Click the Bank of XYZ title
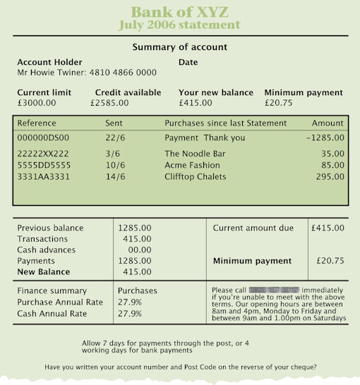click(179, 12)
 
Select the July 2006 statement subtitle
click(179, 25)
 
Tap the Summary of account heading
click(180, 47)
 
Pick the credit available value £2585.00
click(110, 103)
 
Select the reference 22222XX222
click(42, 153)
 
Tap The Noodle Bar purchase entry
click(191, 153)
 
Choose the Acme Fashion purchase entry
click(192, 165)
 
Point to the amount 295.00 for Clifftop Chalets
click(330, 177)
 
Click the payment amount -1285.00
click(325, 138)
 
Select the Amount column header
click(328, 123)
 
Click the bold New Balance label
click(44, 271)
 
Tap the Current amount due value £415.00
click(328, 228)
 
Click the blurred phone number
click(275, 290)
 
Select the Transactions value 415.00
click(137, 239)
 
